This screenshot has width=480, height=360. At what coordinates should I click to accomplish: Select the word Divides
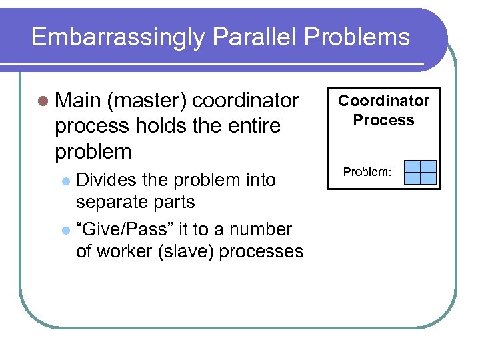(x=104, y=180)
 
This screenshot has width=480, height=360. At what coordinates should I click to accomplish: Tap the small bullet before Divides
(x=65, y=181)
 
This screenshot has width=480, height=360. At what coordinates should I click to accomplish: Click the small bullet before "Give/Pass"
(x=65, y=230)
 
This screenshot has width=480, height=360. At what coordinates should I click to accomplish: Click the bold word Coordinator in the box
(x=383, y=101)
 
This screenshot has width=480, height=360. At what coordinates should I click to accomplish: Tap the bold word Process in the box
(x=383, y=120)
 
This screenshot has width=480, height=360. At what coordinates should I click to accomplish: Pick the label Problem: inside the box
(x=367, y=173)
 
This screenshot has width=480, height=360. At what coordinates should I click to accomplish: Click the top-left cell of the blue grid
(x=413, y=167)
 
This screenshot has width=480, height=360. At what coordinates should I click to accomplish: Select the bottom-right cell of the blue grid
(x=429, y=178)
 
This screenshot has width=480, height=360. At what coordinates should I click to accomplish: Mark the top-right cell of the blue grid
(x=429, y=167)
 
